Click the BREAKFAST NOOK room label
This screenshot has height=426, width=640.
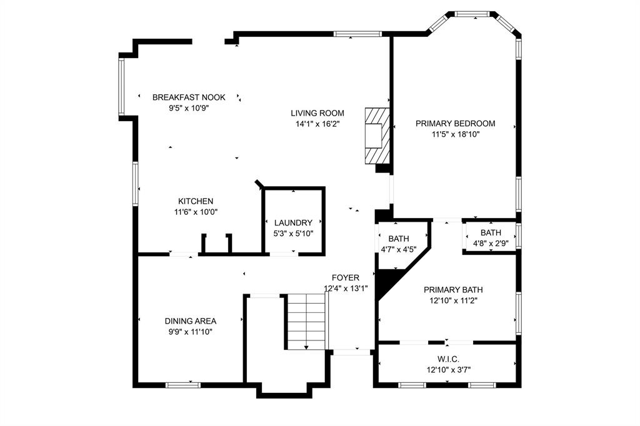pyautogui.click(x=188, y=97)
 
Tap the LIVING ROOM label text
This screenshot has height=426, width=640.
pyautogui.click(x=317, y=113)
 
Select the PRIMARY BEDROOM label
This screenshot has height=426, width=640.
pyautogui.click(x=455, y=123)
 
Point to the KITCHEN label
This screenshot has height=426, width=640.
pyautogui.click(x=196, y=201)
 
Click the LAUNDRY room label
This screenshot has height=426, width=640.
pyautogui.click(x=293, y=223)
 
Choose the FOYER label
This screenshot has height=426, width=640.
pyautogui.click(x=345, y=277)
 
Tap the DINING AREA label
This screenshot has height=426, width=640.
pyautogui.click(x=191, y=321)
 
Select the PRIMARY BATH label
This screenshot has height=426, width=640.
pyautogui.click(x=453, y=290)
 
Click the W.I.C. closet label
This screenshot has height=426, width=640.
pyautogui.click(x=448, y=359)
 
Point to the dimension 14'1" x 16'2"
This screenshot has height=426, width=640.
pyautogui.click(x=317, y=124)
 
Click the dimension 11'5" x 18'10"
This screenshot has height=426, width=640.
pyautogui.click(x=455, y=134)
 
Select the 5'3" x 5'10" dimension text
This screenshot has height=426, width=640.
pyautogui.click(x=293, y=234)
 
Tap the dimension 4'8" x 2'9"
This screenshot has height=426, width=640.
pyautogui.click(x=491, y=244)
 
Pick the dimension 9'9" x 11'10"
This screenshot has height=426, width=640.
pyautogui.click(x=191, y=332)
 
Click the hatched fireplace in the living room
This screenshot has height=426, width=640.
pyautogui.click(x=377, y=134)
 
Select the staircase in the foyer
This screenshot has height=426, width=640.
pyautogui.click(x=307, y=322)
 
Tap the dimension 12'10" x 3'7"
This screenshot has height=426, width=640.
pyautogui.click(x=448, y=370)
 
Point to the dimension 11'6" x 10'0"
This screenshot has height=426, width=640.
pyautogui.click(x=196, y=212)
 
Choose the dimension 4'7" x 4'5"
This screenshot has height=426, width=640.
pyautogui.click(x=398, y=249)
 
